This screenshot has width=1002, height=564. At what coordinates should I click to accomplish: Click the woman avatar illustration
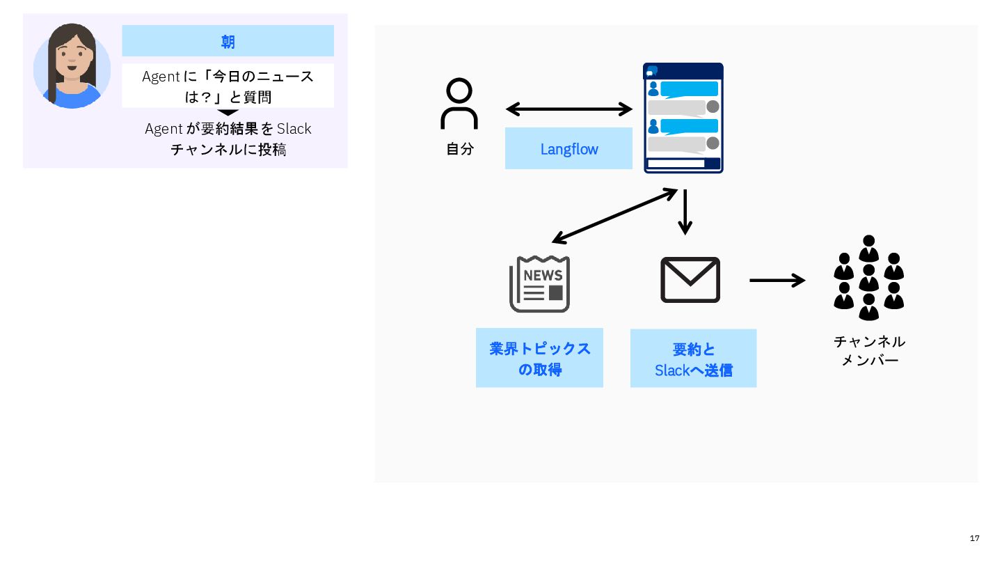(72, 67)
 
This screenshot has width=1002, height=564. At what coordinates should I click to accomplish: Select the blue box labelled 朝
(228, 41)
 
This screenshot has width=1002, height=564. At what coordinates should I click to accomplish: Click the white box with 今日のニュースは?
(228, 86)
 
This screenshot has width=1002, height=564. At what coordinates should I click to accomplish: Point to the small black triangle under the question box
(228, 112)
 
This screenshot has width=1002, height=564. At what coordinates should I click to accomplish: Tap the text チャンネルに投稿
(228, 149)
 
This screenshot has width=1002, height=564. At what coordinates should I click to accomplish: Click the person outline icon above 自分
(459, 104)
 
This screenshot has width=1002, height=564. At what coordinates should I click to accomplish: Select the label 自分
(459, 148)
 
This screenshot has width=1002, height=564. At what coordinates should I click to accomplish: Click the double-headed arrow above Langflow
(568, 109)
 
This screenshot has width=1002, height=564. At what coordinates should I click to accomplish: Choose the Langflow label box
(568, 148)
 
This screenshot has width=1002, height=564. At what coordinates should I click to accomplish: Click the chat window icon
(683, 118)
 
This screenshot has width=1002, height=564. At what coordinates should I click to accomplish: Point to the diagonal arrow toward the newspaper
(614, 216)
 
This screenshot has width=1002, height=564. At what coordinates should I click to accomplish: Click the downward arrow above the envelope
(685, 212)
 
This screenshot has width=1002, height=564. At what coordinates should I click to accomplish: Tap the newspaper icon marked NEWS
(539, 284)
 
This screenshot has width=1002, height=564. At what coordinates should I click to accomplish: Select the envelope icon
(690, 280)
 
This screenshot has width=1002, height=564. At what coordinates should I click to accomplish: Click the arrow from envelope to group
(777, 281)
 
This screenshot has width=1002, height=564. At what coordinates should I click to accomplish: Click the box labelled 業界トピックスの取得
(539, 358)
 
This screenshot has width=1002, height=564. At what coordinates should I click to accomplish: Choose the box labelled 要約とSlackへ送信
(693, 359)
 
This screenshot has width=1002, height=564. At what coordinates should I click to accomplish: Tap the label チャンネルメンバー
(869, 351)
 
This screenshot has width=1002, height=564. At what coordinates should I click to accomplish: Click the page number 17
(974, 538)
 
